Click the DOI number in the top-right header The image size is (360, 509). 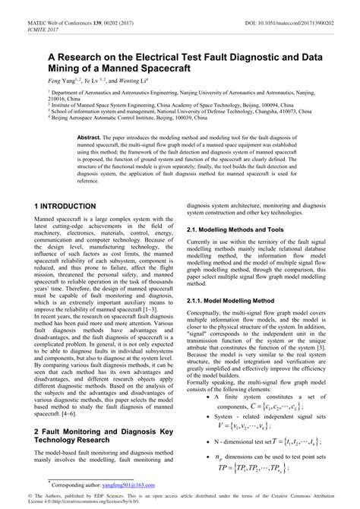(294, 6)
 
